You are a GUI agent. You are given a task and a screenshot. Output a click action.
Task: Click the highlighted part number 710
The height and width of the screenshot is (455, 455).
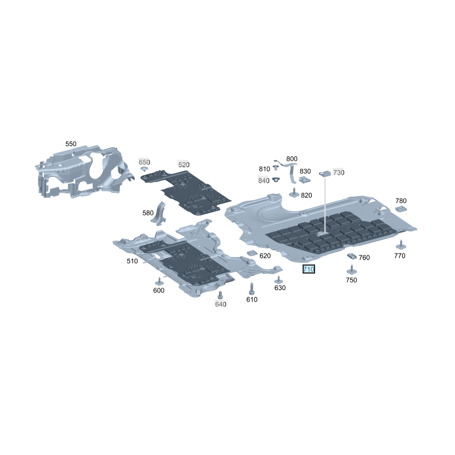click(308, 269)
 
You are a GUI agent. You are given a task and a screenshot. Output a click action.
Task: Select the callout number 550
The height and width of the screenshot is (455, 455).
click(71, 144)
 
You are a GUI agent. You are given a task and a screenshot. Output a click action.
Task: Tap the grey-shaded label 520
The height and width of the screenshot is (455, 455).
click(184, 164)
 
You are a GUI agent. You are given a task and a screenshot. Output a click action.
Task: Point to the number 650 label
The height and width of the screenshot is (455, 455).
click(144, 162)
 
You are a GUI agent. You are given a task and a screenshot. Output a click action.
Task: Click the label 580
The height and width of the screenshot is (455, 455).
click(148, 213)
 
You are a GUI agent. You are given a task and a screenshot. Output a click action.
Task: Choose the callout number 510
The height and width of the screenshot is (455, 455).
click(132, 261)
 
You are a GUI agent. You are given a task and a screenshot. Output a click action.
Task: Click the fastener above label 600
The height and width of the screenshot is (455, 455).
click(159, 281)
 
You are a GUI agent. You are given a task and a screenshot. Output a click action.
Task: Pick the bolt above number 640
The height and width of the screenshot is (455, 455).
click(220, 295)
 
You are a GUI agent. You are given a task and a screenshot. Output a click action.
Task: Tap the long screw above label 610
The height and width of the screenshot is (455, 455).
click(251, 289)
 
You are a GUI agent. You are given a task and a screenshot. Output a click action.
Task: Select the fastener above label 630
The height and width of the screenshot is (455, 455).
click(279, 280)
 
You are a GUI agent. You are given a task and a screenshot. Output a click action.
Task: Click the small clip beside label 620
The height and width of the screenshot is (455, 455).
click(252, 253)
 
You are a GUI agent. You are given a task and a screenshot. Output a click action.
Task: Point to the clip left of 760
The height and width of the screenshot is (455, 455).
click(351, 256)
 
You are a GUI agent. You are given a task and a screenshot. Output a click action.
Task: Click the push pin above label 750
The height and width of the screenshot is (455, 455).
click(351, 270)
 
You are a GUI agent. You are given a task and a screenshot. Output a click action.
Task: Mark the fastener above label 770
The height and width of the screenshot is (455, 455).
click(401, 245)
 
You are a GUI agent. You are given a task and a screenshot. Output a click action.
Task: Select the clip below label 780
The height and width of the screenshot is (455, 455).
click(401, 209)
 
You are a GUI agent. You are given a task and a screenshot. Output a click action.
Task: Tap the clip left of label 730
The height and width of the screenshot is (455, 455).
click(325, 173)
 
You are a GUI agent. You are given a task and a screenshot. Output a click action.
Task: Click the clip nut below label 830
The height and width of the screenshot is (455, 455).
click(305, 180)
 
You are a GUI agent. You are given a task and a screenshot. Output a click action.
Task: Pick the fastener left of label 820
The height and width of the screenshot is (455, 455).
click(294, 193)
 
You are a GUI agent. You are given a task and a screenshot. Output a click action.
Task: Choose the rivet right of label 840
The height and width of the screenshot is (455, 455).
click(276, 179)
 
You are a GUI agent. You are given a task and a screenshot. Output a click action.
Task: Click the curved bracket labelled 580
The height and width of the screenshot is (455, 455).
click(159, 214)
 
